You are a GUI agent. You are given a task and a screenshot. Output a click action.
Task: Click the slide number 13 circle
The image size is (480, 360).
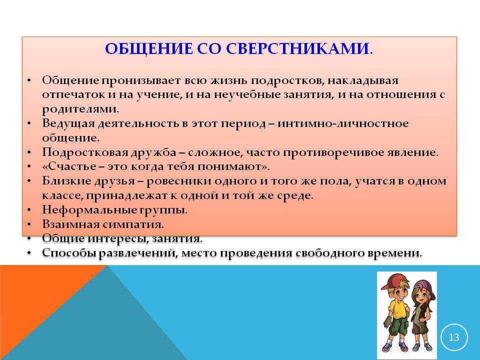(x=454, y=337)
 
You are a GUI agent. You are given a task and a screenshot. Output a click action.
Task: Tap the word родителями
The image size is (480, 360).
(x=80, y=109)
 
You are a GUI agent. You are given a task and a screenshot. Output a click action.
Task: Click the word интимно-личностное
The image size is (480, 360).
(x=343, y=123)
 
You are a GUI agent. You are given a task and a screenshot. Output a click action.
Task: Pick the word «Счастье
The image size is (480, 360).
(x=69, y=166)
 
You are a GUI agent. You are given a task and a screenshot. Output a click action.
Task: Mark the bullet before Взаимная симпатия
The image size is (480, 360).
(x=29, y=224)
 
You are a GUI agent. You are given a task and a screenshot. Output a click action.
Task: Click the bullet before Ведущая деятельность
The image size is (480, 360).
(x=29, y=123)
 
